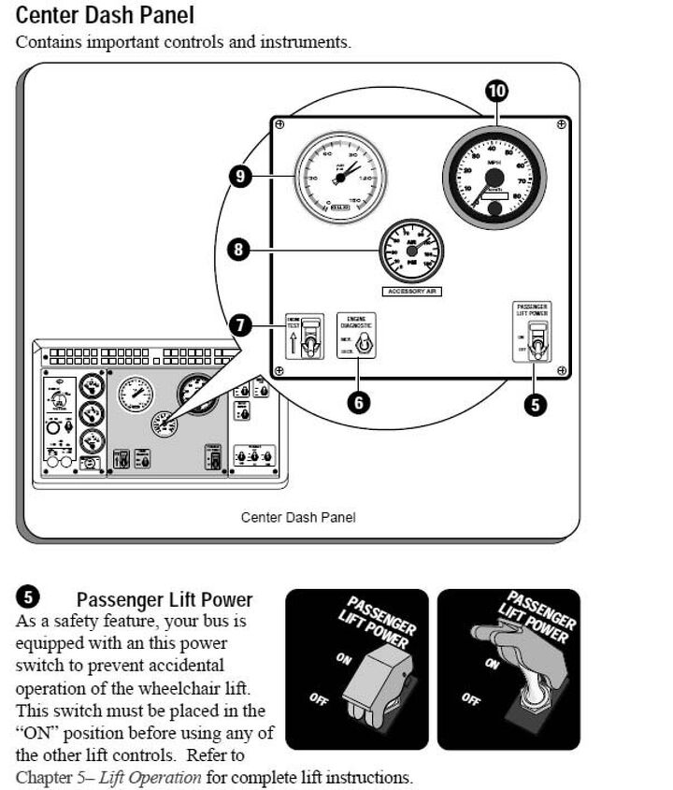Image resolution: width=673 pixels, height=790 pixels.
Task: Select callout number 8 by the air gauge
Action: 240,250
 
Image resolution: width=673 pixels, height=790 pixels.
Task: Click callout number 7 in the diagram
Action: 240,325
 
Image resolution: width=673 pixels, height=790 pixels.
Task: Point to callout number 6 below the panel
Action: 359,402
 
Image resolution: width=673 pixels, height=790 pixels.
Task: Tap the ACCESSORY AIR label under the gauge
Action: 411,292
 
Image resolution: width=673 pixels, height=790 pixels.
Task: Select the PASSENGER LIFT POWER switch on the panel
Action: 537,343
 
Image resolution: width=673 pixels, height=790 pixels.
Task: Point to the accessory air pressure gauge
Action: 411,251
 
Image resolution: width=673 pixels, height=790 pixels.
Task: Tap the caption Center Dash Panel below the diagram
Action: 298,517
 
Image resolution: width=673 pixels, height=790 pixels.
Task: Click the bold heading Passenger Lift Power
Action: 165,599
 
